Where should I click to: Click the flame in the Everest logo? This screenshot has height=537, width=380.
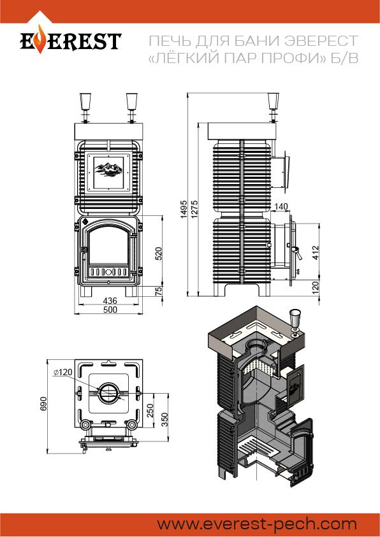pos(40,39)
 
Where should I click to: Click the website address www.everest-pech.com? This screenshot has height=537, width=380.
pos(257,524)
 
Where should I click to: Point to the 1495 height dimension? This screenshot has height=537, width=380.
pos(184,209)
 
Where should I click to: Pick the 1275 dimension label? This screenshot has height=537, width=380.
pos(194,209)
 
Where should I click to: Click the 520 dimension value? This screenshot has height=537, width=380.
pos(158,254)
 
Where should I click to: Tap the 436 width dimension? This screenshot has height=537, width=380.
pos(110,301)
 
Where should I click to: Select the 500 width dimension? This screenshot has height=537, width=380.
pos(110,310)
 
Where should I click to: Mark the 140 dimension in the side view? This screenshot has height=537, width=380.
pos(281,206)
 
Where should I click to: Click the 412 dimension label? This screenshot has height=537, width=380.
pos(316,252)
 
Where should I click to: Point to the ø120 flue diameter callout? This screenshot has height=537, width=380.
pos(63,372)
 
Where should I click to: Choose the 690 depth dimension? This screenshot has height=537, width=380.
pos(43,404)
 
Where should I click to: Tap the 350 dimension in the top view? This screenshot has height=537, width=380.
pos(164,420)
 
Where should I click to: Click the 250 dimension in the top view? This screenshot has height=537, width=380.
pos(150,411)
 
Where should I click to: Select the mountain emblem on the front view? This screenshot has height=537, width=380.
pos(109,170)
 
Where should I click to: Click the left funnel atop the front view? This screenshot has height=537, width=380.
pos(85,101)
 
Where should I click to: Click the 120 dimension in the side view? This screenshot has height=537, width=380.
pos(316,286)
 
